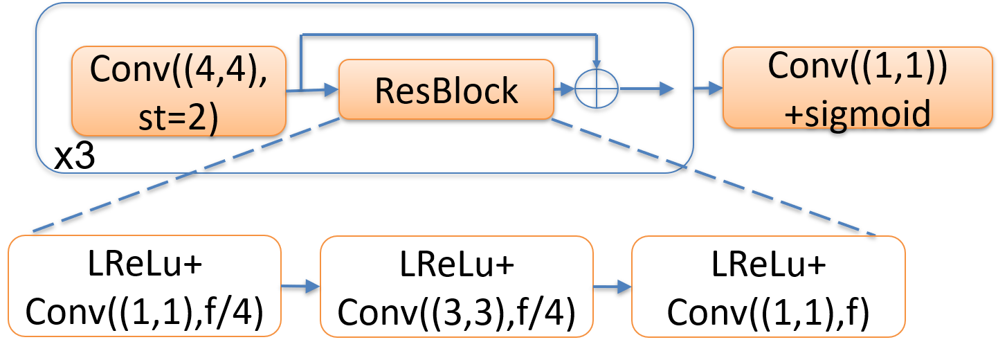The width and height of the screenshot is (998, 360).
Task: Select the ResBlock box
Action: click(446, 89)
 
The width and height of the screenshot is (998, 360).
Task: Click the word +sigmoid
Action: click(858, 113)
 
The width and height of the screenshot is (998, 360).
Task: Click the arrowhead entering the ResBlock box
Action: click(331, 89)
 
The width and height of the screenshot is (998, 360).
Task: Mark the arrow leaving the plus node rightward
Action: click(647, 89)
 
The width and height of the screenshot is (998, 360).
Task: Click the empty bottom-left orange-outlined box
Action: click(145, 286)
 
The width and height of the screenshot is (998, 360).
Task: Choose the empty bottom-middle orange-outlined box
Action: click(457, 286)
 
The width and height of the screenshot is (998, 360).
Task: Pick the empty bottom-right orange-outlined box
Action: click(768, 286)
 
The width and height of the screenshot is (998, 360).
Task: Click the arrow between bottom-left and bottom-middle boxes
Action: click(301, 287)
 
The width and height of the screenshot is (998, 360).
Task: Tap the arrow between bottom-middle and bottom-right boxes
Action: click(613, 287)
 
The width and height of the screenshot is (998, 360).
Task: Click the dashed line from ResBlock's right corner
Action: click(713, 177)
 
